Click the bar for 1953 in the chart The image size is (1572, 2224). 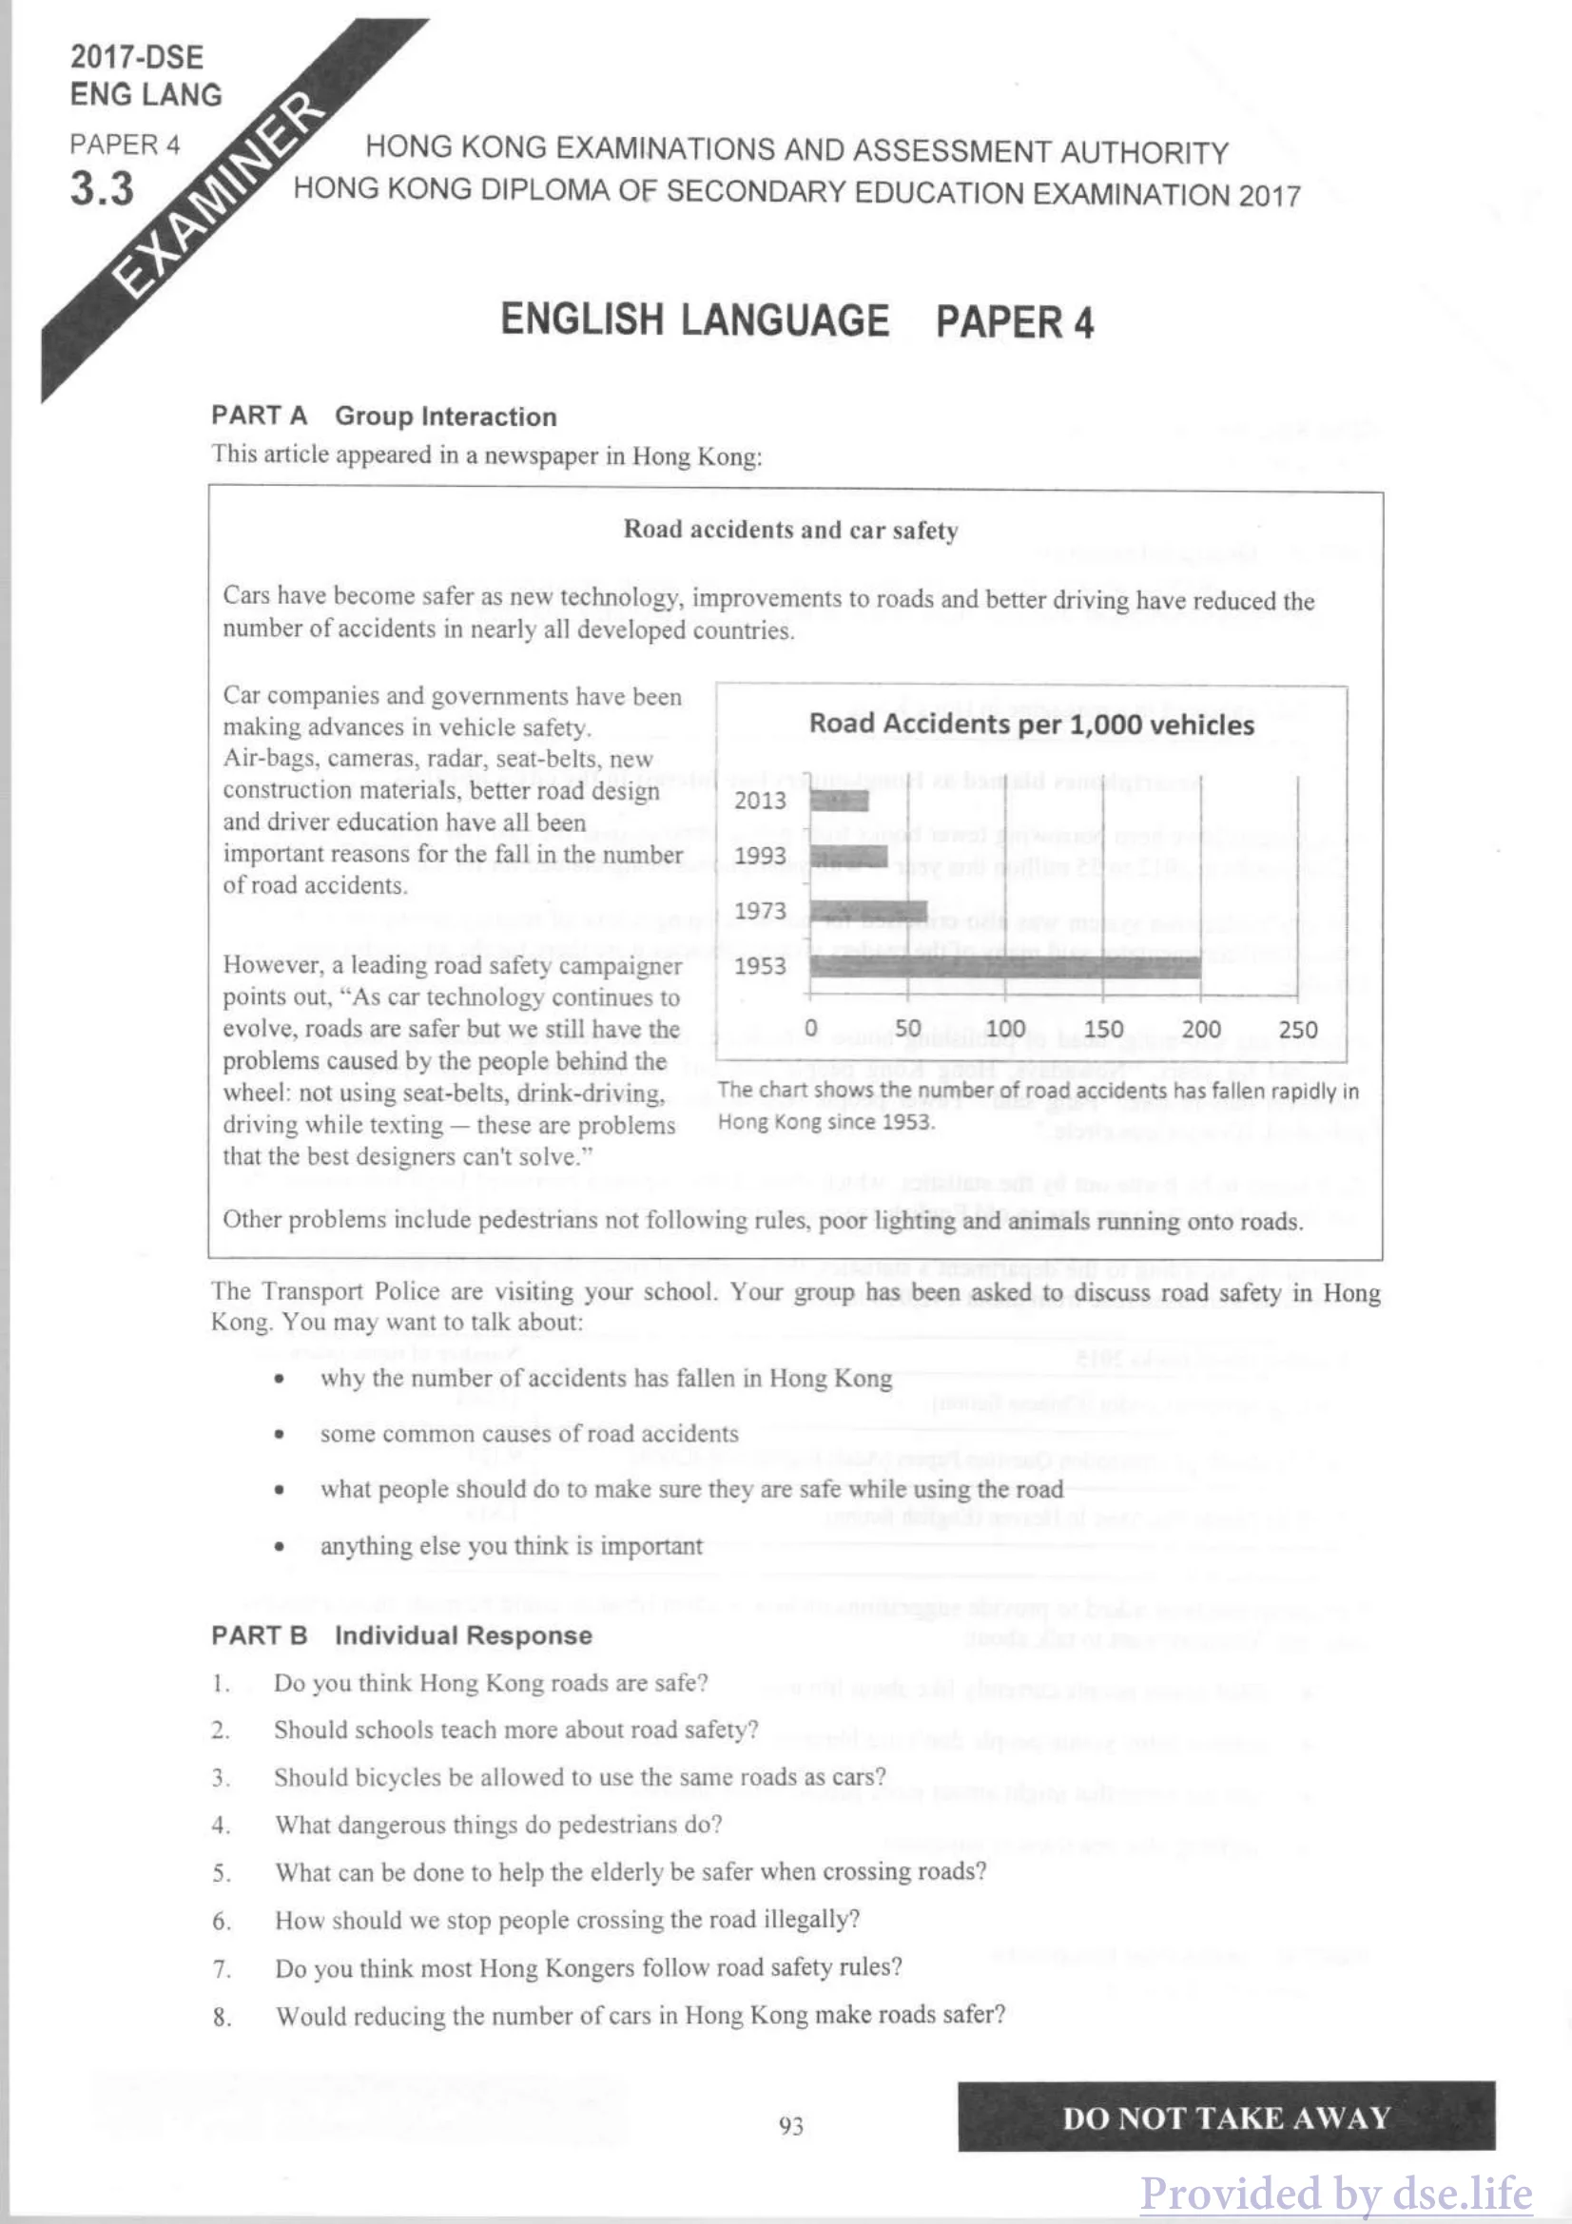click(1004, 965)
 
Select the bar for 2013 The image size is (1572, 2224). click(839, 800)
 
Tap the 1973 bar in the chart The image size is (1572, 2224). click(868, 911)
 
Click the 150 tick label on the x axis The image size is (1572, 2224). click(1103, 1029)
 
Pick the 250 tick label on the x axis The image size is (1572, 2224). click(1298, 1029)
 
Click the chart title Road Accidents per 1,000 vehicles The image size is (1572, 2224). click(1031, 725)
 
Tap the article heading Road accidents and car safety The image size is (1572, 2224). click(790, 530)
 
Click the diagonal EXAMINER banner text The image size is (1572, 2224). click(219, 194)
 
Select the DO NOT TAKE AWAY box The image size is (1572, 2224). click(1225, 2118)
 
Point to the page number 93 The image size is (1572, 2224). click(790, 2125)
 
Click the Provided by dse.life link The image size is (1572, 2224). click(1335, 2191)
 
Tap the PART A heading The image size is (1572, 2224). click(260, 416)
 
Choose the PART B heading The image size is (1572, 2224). click(260, 1635)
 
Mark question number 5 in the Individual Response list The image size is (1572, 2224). click(222, 1873)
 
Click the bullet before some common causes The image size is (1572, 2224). click(279, 1435)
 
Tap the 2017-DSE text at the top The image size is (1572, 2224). click(137, 57)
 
